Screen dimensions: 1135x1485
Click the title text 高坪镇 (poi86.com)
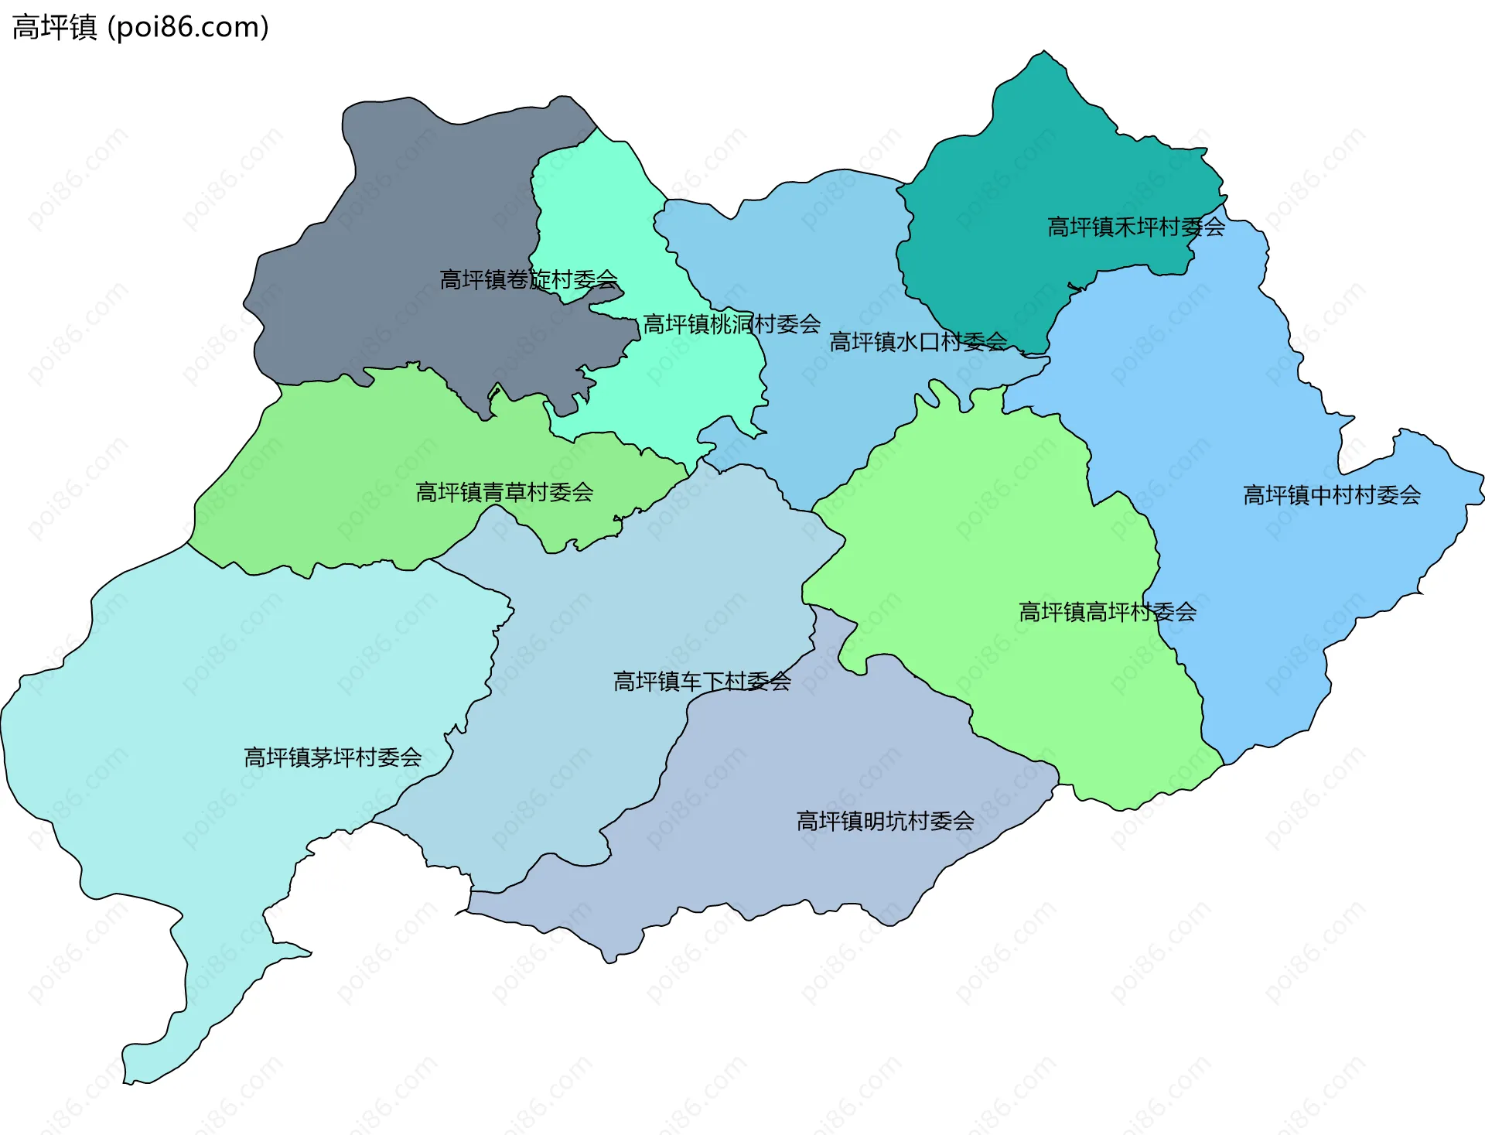(x=141, y=27)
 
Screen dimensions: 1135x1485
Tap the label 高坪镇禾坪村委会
(x=1135, y=227)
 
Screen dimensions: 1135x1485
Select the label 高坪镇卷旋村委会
(x=528, y=279)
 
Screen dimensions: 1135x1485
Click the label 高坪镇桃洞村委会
(x=732, y=324)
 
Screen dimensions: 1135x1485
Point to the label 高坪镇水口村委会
(x=918, y=341)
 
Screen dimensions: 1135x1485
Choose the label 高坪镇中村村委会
(x=1331, y=495)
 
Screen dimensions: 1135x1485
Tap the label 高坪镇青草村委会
(x=504, y=492)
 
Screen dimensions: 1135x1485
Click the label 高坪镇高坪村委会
(x=1108, y=612)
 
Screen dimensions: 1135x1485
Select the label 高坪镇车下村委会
(x=702, y=682)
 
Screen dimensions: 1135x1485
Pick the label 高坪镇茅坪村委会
(x=333, y=757)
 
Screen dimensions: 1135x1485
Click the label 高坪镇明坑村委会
(x=885, y=821)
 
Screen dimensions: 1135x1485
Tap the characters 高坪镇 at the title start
(x=54, y=27)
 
